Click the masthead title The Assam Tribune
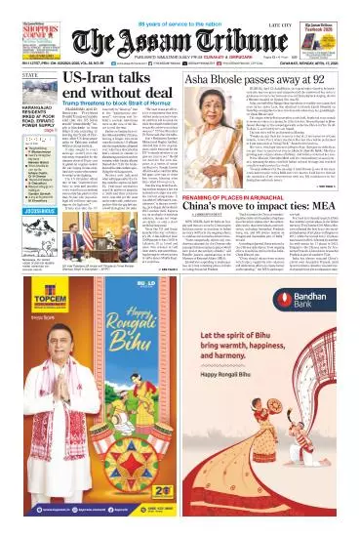185,40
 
